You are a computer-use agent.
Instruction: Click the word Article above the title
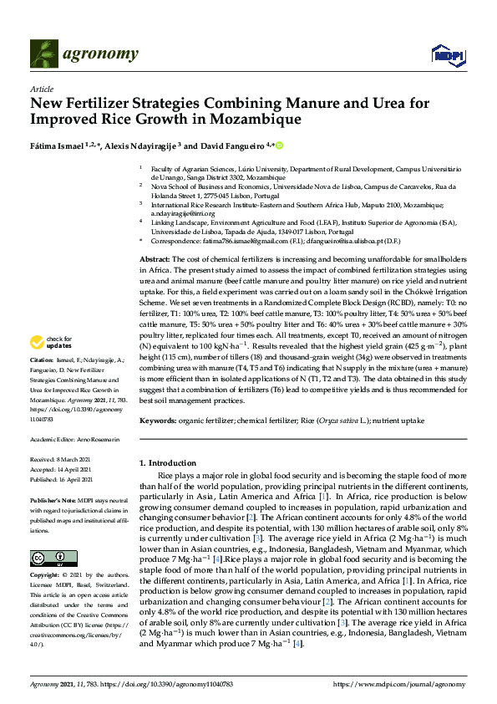(x=41, y=89)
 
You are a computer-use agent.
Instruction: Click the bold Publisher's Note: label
(x=52, y=499)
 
